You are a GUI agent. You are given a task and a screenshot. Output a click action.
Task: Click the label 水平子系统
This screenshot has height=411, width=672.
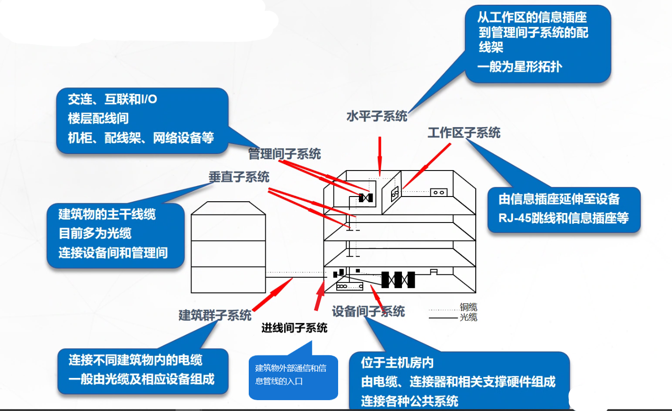(377, 116)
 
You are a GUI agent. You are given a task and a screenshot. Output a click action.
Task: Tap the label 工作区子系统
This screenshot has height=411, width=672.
(464, 133)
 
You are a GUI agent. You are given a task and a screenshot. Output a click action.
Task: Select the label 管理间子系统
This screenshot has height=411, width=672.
(284, 154)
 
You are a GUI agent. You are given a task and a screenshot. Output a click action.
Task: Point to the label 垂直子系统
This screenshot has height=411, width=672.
(239, 177)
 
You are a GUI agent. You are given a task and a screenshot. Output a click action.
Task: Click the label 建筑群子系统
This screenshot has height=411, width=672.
(215, 316)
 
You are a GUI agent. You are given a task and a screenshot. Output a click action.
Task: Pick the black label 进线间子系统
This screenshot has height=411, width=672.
(294, 328)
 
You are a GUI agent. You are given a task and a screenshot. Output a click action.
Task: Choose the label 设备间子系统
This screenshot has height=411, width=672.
(368, 311)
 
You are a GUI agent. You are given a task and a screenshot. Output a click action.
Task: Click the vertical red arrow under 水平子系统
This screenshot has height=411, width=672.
(380, 156)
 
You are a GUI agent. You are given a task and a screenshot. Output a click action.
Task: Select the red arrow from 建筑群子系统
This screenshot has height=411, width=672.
(272, 294)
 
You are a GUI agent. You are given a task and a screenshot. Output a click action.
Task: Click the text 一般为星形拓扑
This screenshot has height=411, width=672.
(520, 67)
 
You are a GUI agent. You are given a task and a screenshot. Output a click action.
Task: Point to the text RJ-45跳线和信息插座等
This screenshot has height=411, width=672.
(563, 218)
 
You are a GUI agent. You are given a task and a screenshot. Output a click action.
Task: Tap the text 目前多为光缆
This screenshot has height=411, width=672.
(95, 233)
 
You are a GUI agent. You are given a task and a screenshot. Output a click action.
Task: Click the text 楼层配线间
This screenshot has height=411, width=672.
(98, 119)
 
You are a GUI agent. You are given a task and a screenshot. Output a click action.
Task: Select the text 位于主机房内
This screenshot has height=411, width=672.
(397, 363)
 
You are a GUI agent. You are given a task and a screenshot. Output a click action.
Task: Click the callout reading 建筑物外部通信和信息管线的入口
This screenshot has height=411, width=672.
(293, 377)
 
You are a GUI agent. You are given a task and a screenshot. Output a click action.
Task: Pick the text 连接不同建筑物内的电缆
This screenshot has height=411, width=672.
(135, 360)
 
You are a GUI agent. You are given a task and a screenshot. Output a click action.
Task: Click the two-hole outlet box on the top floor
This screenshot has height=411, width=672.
(438, 192)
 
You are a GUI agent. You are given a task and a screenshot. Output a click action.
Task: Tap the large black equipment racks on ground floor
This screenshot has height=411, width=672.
(398, 280)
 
